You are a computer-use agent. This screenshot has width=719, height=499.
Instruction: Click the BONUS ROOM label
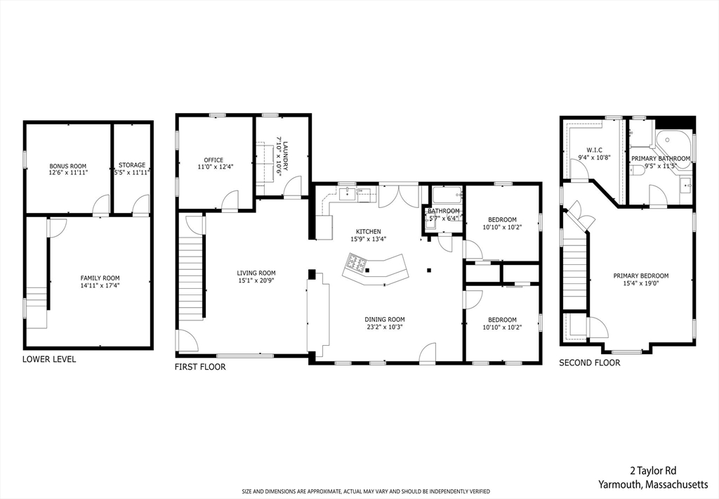(x=68, y=166)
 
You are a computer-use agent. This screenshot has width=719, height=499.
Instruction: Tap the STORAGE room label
(x=132, y=166)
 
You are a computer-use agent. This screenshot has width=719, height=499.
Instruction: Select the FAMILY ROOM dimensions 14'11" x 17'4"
(x=100, y=285)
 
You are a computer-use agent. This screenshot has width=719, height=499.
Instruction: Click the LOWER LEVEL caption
(x=49, y=359)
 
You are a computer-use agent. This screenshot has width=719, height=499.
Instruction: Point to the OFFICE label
(x=213, y=160)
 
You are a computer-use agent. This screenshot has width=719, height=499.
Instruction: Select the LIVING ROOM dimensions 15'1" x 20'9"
(x=256, y=281)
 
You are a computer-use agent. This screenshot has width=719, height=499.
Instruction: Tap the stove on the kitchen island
(x=355, y=265)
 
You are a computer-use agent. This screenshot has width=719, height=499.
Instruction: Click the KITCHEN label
(x=368, y=231)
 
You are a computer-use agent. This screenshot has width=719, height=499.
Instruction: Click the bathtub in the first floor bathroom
(x=446, y=195)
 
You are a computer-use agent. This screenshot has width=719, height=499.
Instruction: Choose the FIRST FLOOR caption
(x=200, y=367)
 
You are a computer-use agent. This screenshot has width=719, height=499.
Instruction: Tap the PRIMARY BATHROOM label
(x=660, y=159)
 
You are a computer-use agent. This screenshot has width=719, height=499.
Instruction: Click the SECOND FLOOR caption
(x=589, y=363)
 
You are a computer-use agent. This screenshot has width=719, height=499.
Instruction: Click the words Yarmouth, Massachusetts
(x=653, y=484)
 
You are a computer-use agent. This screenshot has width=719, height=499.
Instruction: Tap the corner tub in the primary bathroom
(x=673, y=141)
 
